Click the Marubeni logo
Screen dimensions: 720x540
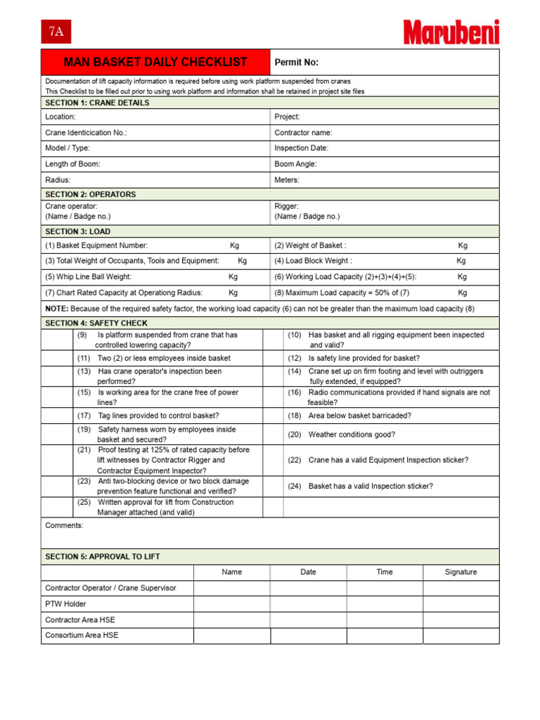pyautogui.click(x=451, y=32)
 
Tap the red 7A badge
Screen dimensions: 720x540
pyautogui.click(x=56, y=32)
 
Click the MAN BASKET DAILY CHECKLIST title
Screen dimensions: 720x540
pyautogui.click(x=155, y=63)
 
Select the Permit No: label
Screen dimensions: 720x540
pyautogui.click(x=296, y=63)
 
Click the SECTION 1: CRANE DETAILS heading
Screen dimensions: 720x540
pyautogui.click(x=97, y=103)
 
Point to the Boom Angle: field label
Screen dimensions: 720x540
pyautogui.click(x=295, y=164)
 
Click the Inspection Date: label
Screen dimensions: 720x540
pyautogui.click(x=301, y=148)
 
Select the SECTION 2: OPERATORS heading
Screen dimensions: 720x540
pyautogui.click(x=91, y=194)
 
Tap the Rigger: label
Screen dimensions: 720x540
pyautogui.click(x=286, y=207)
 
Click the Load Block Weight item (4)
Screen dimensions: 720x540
pyautogui.click(x=313, y=261)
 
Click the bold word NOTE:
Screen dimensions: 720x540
pyautogui.click(x=57, y=309)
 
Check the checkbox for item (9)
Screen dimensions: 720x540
pyautogui.click(x=58, y=340)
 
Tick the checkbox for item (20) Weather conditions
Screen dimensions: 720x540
pyautogui.click(x=274, y=435)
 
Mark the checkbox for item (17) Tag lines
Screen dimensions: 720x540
pyautogui.click(x=58, y=416)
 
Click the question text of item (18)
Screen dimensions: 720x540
pyautogui.click(x=360, y=416)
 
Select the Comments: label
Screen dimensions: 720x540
pyautogui.click(x=64, y=525)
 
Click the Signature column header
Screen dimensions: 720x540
pyautogui.click(x=461, y=572)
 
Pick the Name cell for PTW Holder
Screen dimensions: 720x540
pyautogui.click(x=231, y=604)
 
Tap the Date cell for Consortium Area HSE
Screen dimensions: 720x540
pyautogui.click(x=308, y=636)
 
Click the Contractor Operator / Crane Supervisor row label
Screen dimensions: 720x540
pyautogui.click(x=110, y=588)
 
